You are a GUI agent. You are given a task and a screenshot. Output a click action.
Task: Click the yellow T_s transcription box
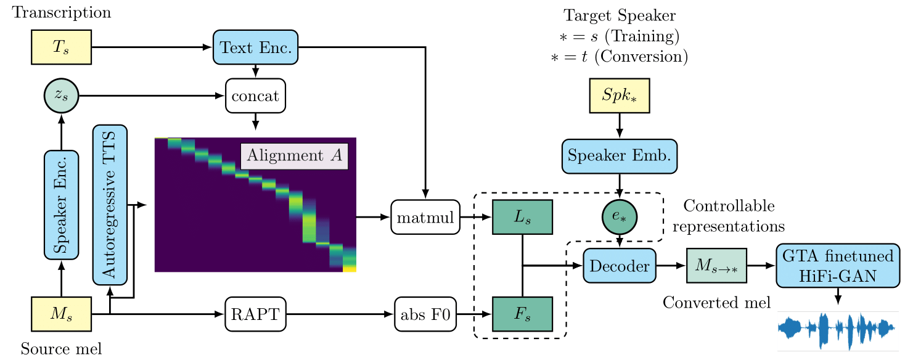[x=61, y=47]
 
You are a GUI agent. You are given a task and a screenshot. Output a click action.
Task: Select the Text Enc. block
[x=255, y=47]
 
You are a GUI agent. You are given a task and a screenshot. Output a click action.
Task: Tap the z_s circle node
[x=62, y=97]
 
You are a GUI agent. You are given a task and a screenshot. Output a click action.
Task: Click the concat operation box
[x=255, y=97]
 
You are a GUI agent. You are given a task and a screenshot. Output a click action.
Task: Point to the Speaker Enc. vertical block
[x=61, y=204]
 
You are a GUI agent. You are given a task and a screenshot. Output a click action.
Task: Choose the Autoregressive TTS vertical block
[x=110, y=204]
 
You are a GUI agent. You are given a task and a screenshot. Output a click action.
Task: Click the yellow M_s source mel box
[x=61, y=314]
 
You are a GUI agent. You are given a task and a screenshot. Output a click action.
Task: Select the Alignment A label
[x=294, y=156]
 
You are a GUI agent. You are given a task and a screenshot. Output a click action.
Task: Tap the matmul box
[x=425, y=216]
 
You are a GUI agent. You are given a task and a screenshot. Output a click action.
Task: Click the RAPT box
[x=255, y=314]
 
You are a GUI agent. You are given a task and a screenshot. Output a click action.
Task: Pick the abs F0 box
[x=425, y=314]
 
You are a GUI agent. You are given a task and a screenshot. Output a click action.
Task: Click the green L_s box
[x=522, y=216]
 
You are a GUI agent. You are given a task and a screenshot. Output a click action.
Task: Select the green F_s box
[x=522, y=314]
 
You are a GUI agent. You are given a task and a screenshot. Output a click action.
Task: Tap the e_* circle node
[x=619, y=216]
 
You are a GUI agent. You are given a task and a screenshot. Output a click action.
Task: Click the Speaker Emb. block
[x=620, y=156]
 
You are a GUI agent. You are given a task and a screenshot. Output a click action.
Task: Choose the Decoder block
[x=619, y=266]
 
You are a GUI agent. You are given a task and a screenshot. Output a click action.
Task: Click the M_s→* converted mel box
[x=716, y=266]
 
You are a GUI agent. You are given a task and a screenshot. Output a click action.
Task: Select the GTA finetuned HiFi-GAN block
[x=837, y=266]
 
